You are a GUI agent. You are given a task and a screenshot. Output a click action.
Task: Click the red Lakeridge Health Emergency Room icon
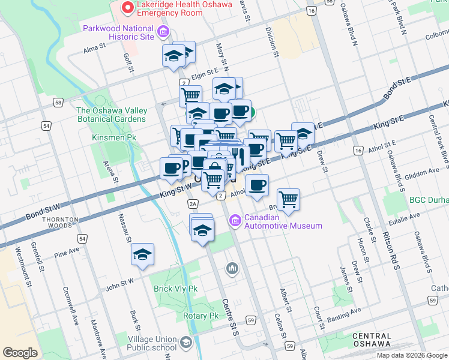[127, 7]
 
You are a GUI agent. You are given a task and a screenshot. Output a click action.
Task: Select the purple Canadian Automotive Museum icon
[235, 221]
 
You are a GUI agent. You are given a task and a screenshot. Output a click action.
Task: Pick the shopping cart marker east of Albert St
[289, 200]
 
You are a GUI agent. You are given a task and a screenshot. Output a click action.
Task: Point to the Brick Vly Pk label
[175, 289]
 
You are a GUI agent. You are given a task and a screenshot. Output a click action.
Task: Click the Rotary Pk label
[200, 316]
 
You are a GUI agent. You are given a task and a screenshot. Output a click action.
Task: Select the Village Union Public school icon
[186, 342]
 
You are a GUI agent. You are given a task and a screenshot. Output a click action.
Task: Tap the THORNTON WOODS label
[58, 224]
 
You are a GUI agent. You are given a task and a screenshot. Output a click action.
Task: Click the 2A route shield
[193, 204]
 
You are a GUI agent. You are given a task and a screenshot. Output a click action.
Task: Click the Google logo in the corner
[20, 353]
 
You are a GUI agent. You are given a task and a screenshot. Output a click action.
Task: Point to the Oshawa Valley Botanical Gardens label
[112, 115]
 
